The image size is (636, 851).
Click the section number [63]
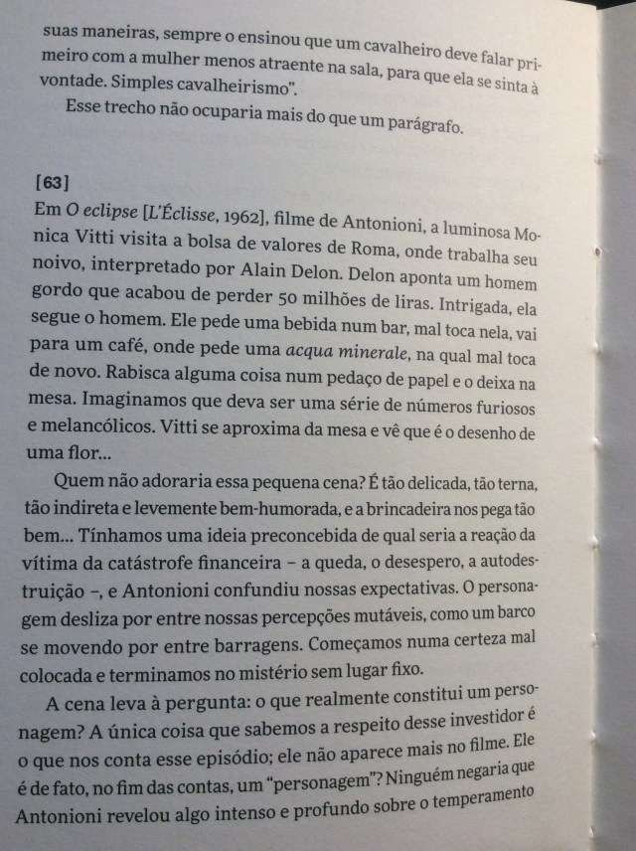click(x=52, y=183)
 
